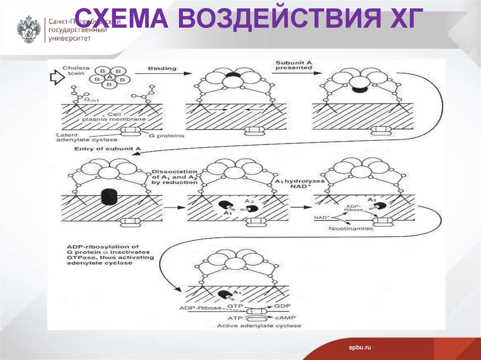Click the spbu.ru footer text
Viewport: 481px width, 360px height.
coord(360,347)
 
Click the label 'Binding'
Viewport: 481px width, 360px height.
coord(162,69)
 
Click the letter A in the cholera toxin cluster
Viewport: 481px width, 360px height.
coord(109,77)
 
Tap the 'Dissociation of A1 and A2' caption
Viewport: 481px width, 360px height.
coord(174,177)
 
